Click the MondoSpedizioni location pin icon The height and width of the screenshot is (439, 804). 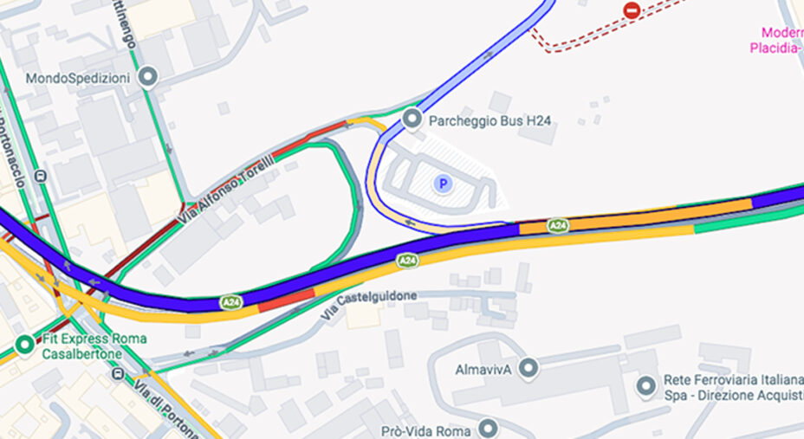point(149,78)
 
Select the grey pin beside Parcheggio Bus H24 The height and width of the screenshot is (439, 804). point(412,119)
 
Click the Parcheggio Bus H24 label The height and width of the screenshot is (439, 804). point(490,121)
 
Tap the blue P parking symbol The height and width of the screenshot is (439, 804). point(443,184)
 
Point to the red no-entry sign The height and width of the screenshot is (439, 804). point(632,10)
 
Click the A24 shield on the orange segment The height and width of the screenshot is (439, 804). point(559,226)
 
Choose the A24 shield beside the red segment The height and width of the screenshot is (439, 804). point(230,302)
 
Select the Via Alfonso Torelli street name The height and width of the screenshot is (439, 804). point(225,190)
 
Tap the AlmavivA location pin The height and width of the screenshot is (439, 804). point(528,369)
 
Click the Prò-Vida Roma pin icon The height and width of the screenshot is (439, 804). point(490,429)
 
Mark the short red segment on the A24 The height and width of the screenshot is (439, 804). point(286,299)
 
